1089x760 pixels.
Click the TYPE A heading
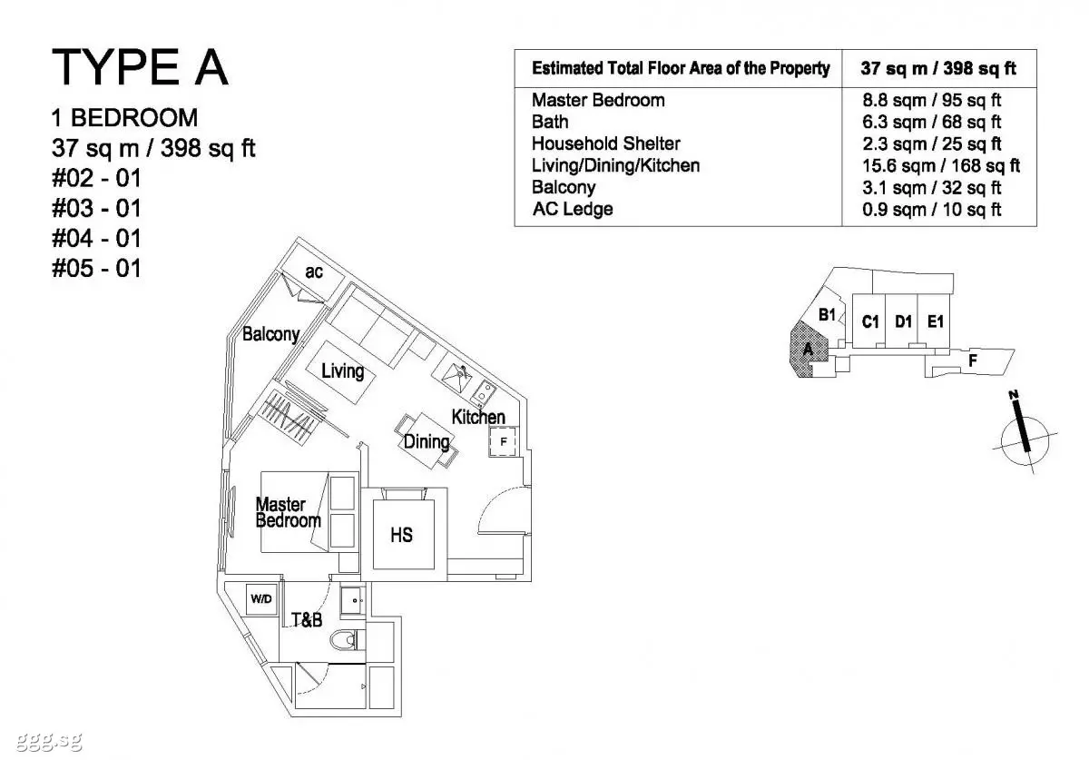140,67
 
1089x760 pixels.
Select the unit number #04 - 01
96,238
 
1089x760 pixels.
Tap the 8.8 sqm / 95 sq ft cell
931,100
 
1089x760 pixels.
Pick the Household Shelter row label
606,143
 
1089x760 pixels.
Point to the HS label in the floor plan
401,535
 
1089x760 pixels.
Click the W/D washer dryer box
261,599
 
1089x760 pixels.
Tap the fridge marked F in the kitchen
503,441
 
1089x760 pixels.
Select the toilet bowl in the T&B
347,640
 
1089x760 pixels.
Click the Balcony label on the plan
270,334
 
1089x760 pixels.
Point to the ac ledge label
314,272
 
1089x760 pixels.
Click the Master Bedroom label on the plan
288,512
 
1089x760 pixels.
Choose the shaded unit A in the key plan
808,350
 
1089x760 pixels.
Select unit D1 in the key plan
903,321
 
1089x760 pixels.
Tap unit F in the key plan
972,360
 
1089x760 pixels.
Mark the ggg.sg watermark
49,741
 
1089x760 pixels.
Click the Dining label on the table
427,442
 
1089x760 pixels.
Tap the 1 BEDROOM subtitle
124,118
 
